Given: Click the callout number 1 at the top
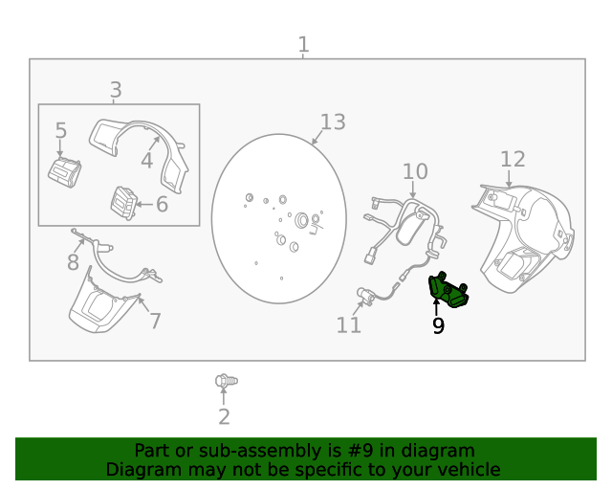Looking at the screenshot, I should [303, 44].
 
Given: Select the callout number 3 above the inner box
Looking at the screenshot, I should [116, 90].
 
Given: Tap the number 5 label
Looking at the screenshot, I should [60, 131].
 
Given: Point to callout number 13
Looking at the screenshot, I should [332, 122].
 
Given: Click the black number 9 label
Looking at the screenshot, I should [438, 326].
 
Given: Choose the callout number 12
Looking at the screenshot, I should [513, 159].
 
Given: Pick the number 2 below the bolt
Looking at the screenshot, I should [224, 416].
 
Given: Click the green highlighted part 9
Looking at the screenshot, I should [448, 290].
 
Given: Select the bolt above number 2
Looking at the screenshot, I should [225, 381].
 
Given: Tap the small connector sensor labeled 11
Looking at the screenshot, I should [365, 295].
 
